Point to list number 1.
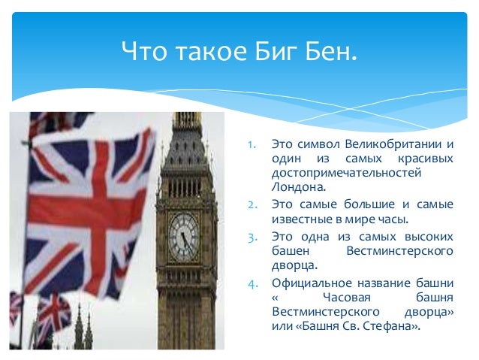pyautogui.click(x=252, y=144)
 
